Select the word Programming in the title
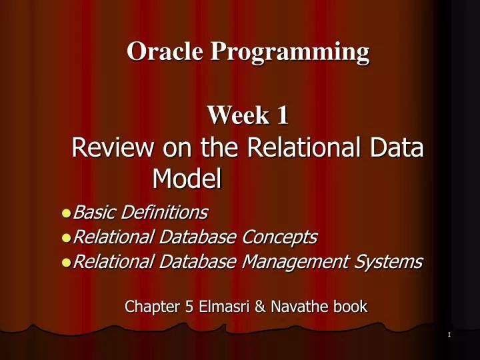point(290,52)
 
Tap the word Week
point(233,115)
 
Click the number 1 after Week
point(282,115)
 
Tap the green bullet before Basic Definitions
point(65,213)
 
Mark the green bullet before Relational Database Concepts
point(65,238)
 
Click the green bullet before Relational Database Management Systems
point(65,263)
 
